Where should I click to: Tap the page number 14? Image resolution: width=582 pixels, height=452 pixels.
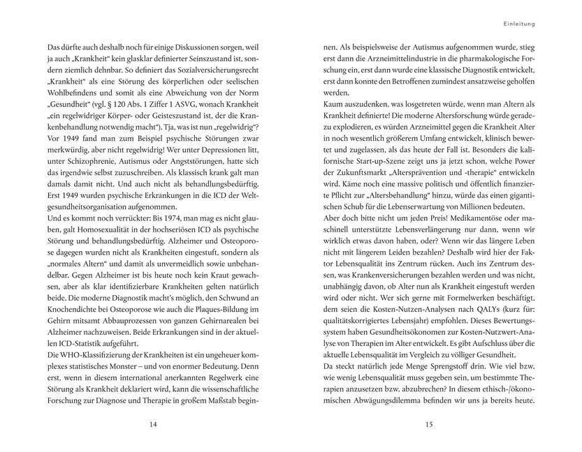153,423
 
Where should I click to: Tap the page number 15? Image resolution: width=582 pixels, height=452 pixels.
428,423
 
